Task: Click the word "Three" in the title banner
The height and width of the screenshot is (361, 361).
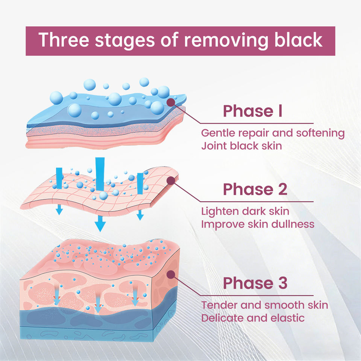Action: coord(64,40)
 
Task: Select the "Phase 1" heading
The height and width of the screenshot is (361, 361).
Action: coord(253,111)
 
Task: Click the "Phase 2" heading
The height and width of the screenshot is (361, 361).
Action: coord(255,189)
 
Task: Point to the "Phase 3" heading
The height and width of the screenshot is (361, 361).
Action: coord(255,283)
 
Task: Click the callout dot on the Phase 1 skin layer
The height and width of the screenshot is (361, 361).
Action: coord(171,102)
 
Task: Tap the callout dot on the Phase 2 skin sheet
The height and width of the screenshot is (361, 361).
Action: coord(171,181)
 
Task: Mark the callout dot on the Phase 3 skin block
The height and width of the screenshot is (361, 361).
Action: coord(171,275)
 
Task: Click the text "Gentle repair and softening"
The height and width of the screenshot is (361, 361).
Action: coord(273,133)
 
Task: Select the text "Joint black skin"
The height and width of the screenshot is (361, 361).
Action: coord(241,146)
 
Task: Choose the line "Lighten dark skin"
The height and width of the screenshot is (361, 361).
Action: coord(245,211)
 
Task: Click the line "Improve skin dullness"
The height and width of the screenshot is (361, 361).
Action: coord(258,224)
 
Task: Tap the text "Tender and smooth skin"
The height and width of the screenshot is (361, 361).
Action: coord(264,305)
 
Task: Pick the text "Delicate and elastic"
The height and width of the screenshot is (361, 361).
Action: coord(253,318)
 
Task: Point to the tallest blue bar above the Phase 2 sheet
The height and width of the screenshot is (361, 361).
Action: coord(100,174)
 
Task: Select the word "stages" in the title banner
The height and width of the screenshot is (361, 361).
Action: coord(124,41)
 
